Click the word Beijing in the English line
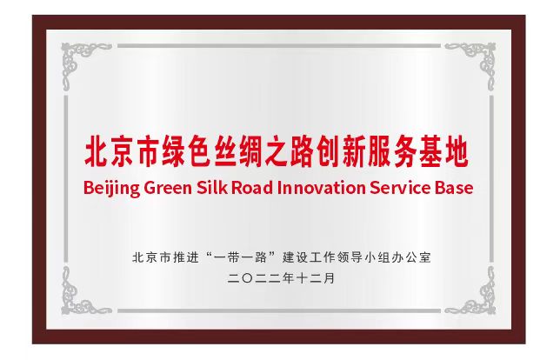click(111, 188)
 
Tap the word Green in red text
click(168, 188)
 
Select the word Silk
click(212, 188)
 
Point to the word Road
click(252, 188)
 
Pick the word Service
click(400, 188)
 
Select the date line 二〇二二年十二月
click(281, 278)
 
